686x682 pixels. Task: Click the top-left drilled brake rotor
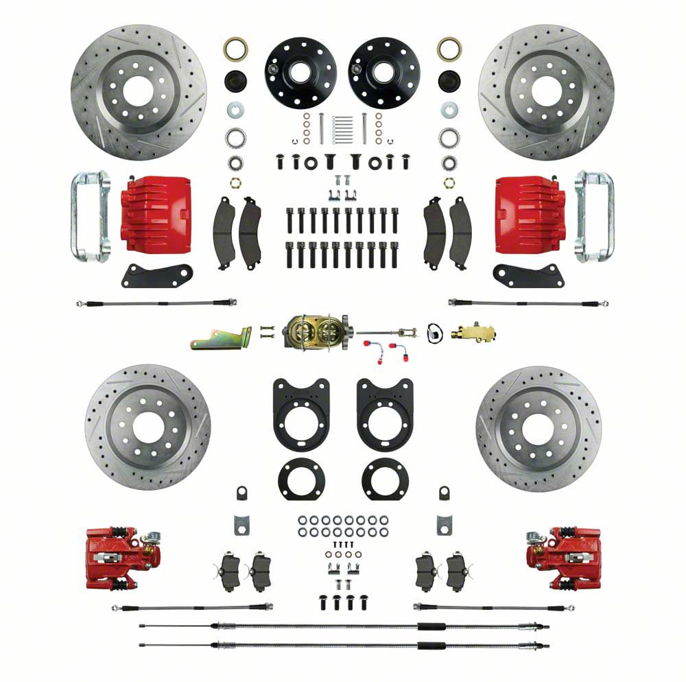click(x=139, y=92)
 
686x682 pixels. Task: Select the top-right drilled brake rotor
click(x=546, y=92)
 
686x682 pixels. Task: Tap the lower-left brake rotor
click(x=147, y=427)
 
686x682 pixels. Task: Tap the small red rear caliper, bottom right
click(x=564, y=555)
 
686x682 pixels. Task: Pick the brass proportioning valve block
click(x=473, y=334)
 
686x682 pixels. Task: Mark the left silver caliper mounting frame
click(x=88, y=216)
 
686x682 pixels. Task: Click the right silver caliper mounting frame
click(x=595, y=216)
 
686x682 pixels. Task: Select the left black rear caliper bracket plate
click(x=300, y=412)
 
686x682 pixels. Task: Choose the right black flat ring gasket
click(x=385, y=479)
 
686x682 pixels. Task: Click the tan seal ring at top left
click(x=235, y=49)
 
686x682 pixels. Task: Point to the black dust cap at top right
click(x=449, y=80)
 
